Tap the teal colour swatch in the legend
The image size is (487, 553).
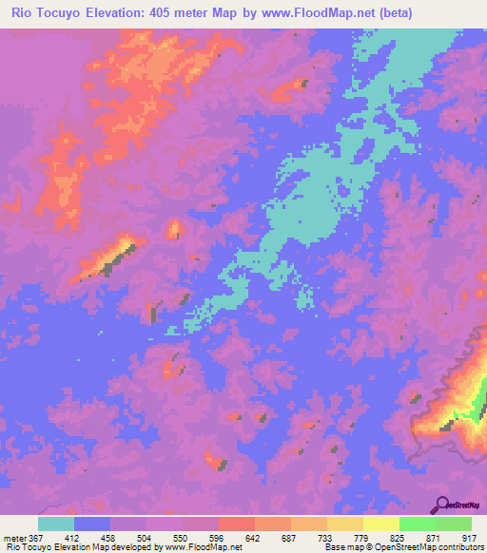pyautogui.click(x=56, y=524)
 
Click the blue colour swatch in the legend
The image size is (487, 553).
pyautogui.click(x=92, y=524)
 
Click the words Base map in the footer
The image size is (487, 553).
pyautogui.click(x=340, y=547)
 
